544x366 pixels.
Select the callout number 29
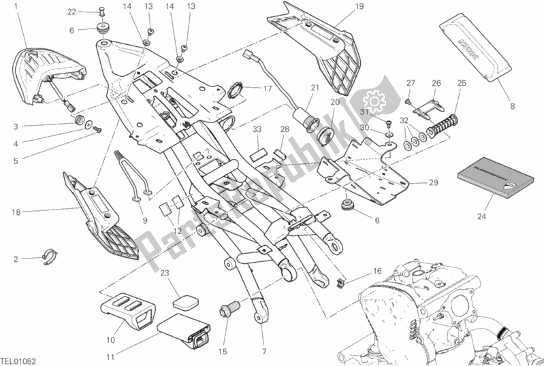point(433,183)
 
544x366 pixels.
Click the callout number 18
point(15,212)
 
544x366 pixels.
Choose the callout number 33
point(256,129)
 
